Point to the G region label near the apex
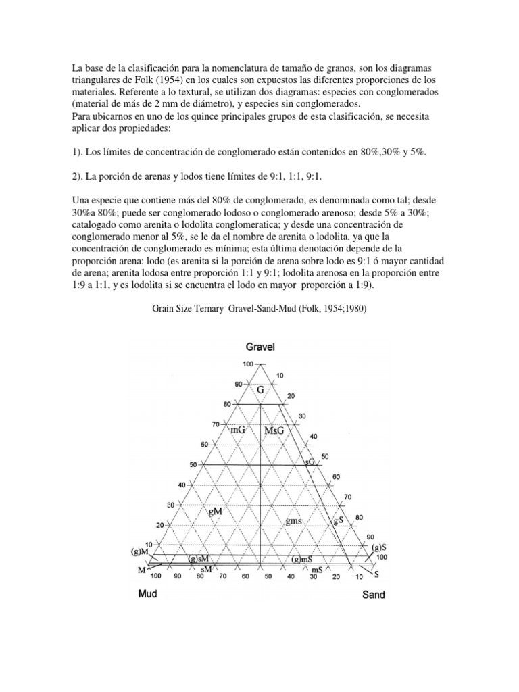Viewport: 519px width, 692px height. (x=260, y=391)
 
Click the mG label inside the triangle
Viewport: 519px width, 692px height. (x=237, y=429)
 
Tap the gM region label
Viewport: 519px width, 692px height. (x=216, y=512)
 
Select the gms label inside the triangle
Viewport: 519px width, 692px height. (x=294, y=521)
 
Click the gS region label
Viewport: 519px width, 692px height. (x=340, y=522)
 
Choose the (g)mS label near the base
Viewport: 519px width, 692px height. (x=301, y=560)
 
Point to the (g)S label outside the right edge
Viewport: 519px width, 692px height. (x=378, y=547)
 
